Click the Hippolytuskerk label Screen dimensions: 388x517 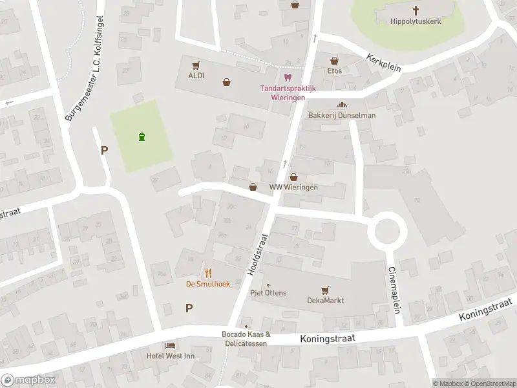(416, 21)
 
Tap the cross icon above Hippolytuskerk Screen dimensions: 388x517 (416, 10)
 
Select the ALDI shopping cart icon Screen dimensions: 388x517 (196, 65)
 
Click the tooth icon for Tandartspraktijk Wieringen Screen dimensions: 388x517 (288, 77)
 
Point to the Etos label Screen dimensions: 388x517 (334, 70)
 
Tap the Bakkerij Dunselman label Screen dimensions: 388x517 (342, 115)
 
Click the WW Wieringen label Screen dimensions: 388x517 (294, 188)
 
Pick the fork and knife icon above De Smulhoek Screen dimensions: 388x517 (208, 272)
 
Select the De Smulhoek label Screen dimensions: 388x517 (207, 284)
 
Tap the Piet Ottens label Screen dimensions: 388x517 (268, 293)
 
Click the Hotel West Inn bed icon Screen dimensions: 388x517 (170, 346)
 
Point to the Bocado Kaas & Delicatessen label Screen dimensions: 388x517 (246, 338)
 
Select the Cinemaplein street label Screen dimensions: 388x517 (394, 290)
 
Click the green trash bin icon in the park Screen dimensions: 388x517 (142, 136)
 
